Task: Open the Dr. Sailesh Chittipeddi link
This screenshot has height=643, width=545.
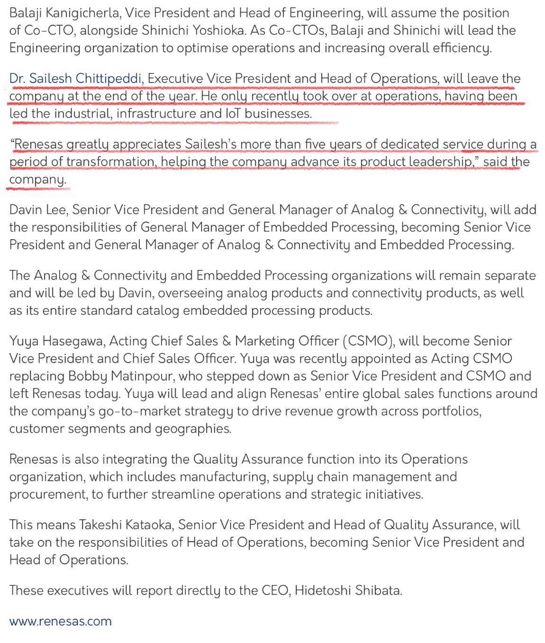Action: pyautogui.click(x=75, y=78)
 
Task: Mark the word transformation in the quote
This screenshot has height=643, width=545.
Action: pyautogui.click(x=110, y=161)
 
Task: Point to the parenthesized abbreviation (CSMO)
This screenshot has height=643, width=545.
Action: pyautogui.click(x=368, y=341)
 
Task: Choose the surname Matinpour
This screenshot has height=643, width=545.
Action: pyautogui.click(x=136, y=376)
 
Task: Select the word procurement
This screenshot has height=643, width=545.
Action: pyautogui.click(x=48, y=494)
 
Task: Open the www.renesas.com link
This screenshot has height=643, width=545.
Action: pyautogui.click(x=60, y=621)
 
